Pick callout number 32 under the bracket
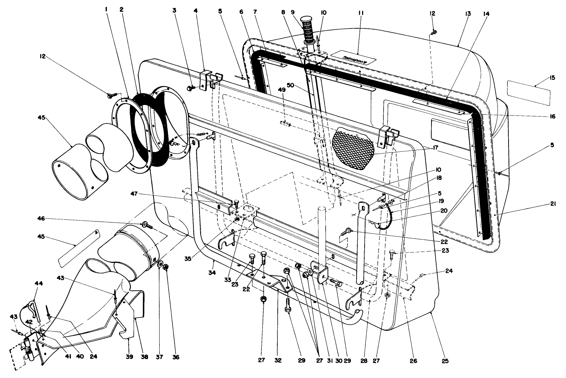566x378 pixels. tap(278, 361)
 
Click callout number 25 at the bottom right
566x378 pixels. tap(445, 361)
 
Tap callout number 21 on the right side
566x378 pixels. tap(552, 205)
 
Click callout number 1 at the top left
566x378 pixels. tap(106, 10)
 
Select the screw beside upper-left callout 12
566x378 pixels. tap(111, 95)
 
